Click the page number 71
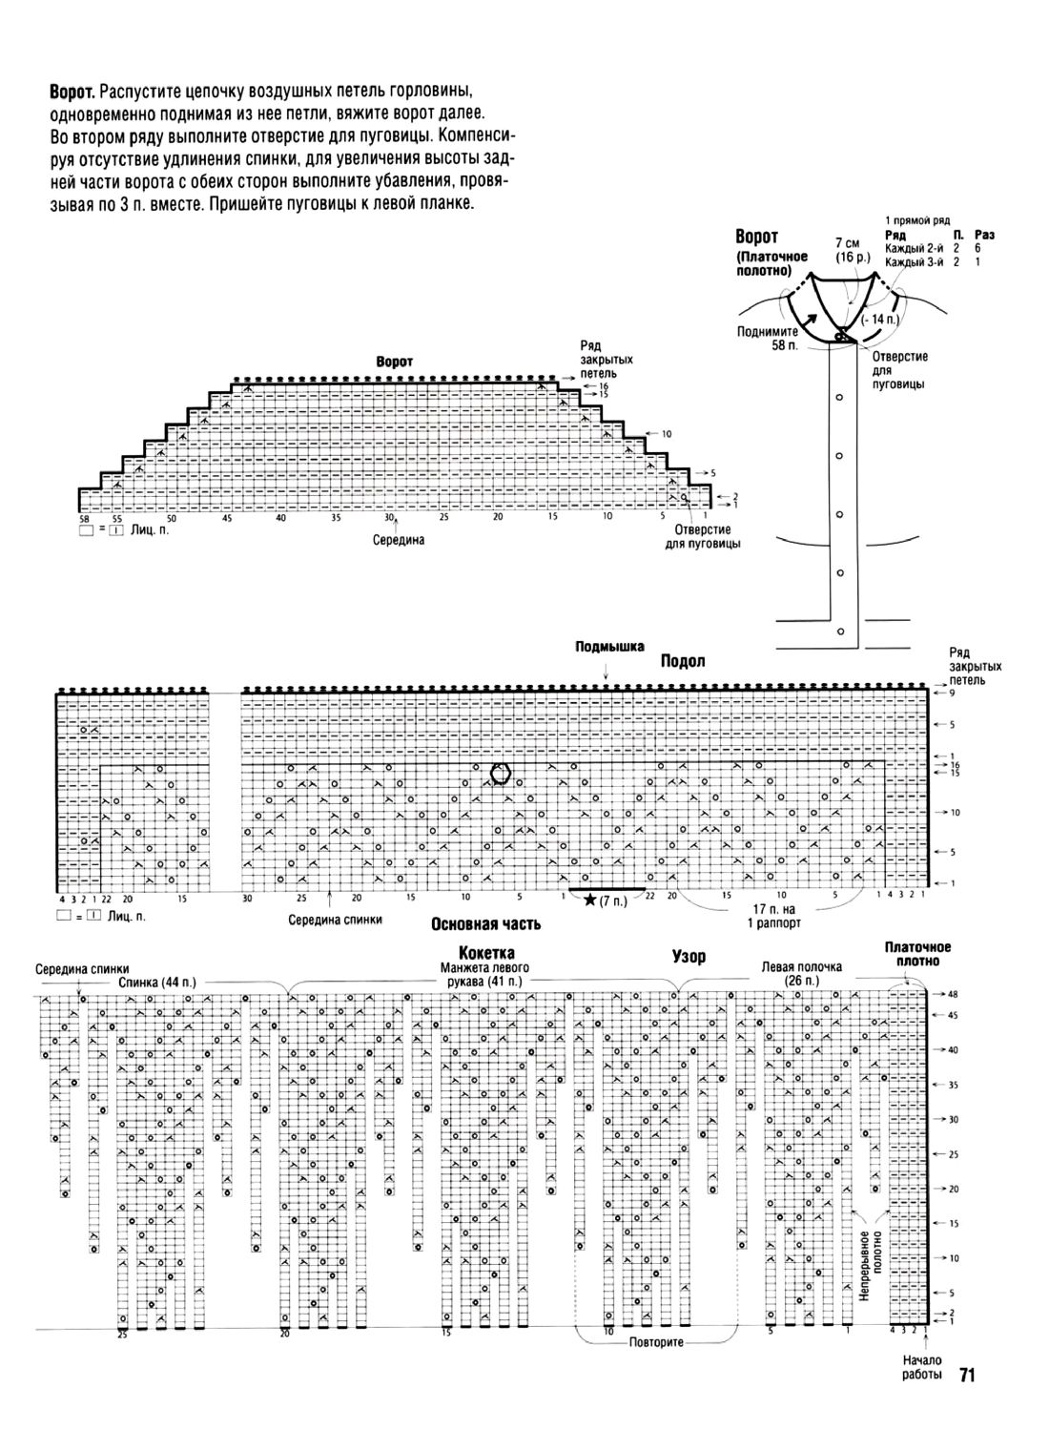click(x=965, y=1375)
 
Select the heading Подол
click(x=683, y=661)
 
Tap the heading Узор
click(x=689, y=956)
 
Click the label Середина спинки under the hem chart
click(x=335, y=921)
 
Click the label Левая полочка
click(x=801, y=966)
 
